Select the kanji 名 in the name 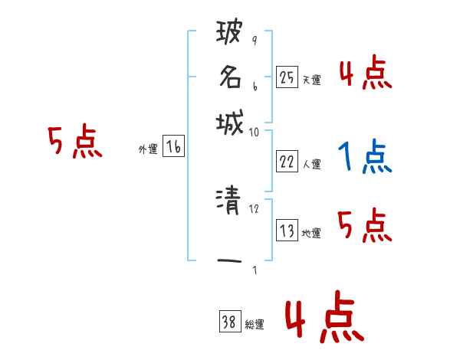230,77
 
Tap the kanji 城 230,122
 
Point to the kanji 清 230,202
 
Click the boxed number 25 286,77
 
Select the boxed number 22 286,161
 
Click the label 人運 311,164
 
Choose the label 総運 255,325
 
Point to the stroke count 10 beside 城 254,133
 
